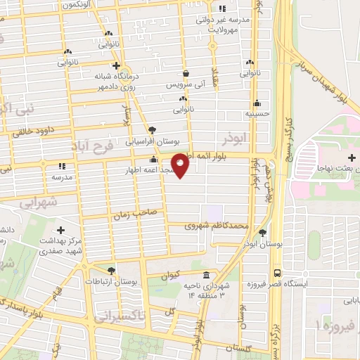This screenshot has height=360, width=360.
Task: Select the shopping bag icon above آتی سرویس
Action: tap(185, 73)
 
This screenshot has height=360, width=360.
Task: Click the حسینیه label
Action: tap(257, 112)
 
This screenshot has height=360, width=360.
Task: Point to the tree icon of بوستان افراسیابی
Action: tap(153, 129)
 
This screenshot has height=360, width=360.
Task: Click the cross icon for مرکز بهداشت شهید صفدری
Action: tap(60, 230)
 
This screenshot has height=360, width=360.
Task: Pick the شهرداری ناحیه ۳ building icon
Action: tap(206, 275)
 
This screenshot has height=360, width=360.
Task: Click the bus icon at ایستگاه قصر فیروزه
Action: tap(277, 272)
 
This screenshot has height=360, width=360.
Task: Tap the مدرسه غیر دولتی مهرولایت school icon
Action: tap(222, 9)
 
